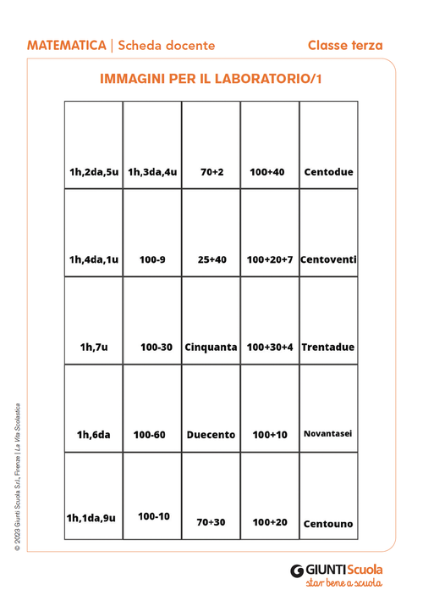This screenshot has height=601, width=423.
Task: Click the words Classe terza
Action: click(x=344, y=45)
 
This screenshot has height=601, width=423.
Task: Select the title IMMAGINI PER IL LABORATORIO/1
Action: click(x=211, y=79)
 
